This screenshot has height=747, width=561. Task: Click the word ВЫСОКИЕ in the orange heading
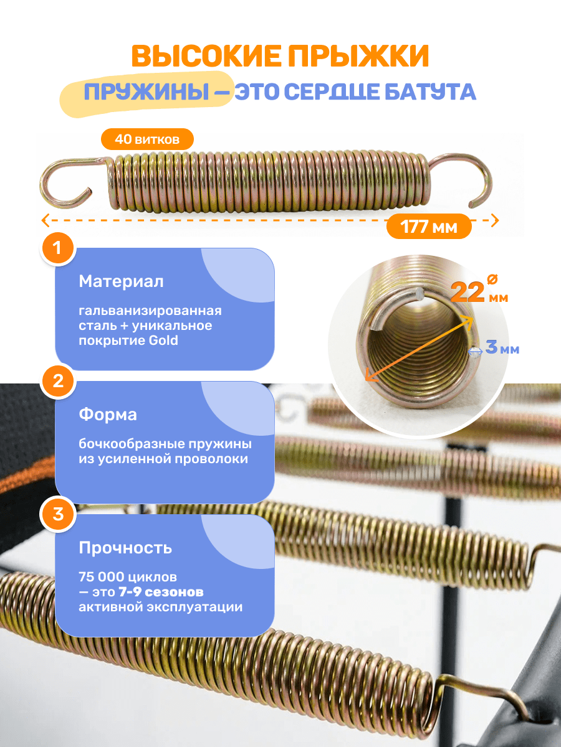[206, 56]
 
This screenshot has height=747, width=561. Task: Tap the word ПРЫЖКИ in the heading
[358, 56]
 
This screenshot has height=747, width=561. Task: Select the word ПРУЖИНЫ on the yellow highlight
[147, 92]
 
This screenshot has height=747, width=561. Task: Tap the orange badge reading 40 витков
[147, 139]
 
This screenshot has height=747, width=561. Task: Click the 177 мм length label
[429, 227]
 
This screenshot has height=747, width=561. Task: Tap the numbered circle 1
[58, 248]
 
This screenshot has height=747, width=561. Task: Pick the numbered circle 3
[58, 514]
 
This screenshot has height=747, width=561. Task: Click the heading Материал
[122, 281]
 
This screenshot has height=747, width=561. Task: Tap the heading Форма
[108, 415]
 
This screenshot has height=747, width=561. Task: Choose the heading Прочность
[125, 548]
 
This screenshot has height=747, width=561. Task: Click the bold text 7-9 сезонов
[161, 592]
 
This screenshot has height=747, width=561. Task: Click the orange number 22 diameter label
[467, 292]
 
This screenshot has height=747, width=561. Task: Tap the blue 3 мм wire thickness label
[502, 347]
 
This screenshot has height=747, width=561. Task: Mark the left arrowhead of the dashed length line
[46, 220]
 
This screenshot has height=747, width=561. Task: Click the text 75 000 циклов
[128, 577]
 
